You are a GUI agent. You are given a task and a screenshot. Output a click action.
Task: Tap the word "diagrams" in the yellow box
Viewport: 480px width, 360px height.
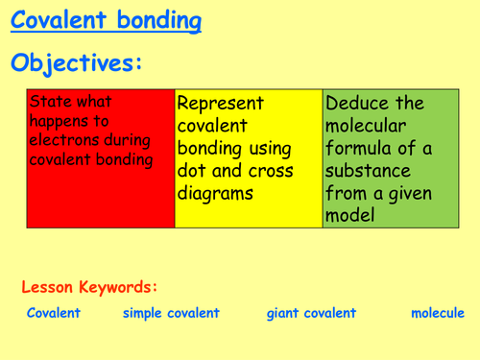(x=217, y=194)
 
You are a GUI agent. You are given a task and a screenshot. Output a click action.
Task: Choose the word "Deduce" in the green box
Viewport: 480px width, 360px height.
(x=358, y=103)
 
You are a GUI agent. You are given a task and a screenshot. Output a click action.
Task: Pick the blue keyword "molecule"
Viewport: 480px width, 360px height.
(x=437, y=313)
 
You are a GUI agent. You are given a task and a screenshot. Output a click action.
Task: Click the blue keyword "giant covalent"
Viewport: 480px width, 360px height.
(x=311, y=313)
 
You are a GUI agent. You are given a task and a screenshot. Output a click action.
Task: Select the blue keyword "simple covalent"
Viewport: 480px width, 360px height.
(x=171, y=313)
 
